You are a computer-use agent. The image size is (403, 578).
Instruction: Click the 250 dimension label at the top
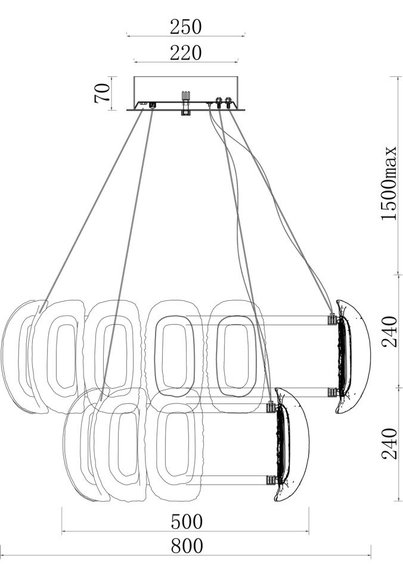[x=185, y=27]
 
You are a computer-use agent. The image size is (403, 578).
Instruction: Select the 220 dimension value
[x=185, y=53]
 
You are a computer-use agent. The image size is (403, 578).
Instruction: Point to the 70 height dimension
[x=102, y=94]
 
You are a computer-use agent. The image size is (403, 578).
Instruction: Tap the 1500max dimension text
[x=389, y=184]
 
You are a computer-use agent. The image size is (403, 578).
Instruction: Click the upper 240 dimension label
[x=389, y=331]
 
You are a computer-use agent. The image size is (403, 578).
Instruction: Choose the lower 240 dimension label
[x=389, y=443]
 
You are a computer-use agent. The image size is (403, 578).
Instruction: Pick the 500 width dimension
[x=187, y=521]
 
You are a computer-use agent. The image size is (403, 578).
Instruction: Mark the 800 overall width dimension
[x=187, y=546]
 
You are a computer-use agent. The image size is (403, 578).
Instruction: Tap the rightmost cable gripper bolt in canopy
[x=228, y=102]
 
